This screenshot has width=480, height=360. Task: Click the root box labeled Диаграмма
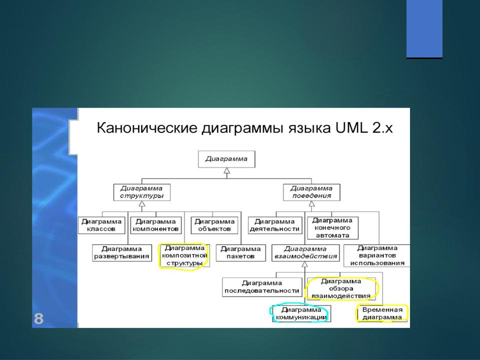[226, 159]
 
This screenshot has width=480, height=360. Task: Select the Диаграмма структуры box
[141, 192]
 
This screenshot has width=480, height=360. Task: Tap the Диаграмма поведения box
[311, 192]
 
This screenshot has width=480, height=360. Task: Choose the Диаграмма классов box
[101, 225]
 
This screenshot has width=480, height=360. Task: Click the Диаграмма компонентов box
[156, 225]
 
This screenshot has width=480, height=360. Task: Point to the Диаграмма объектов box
[214, 225]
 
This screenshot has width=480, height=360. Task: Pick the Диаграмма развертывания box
[122, 253]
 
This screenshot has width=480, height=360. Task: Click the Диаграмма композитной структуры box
[184, 255]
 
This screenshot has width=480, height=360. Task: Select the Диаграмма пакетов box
[240, 253]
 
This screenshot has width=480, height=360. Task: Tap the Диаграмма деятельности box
[275, 225]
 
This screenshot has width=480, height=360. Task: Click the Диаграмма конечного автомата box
[332, 228]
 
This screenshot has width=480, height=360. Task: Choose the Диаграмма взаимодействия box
[305, 253]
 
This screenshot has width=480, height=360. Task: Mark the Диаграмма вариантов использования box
[377, 255]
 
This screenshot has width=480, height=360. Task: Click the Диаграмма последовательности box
[262, 287]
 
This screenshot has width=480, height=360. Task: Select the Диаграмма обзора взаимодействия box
[341, 288]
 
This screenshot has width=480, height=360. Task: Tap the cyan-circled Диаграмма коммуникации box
[301, 314]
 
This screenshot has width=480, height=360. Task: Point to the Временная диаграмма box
[382, 314]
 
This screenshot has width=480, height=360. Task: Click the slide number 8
[38, 318]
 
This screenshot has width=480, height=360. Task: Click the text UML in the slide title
[351, 128]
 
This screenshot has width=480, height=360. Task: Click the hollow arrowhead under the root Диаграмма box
[226, 171]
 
